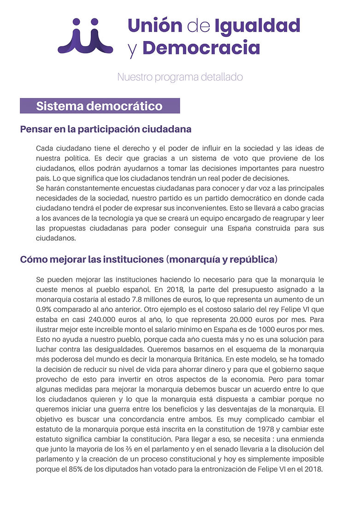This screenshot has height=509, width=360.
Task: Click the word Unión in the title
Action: click(x=155, y=25)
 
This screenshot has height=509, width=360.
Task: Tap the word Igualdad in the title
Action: click(x=257, y=26)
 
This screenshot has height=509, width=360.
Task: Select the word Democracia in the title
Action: click(x=201, y=47)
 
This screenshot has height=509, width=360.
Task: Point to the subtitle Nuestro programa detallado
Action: click(x=180, y=77)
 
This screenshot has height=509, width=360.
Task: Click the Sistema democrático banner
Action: click(x=100, y=106)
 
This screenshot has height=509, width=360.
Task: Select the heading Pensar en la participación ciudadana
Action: click(x=106, y=129)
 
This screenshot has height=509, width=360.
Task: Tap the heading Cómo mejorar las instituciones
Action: click(x=148, y=259)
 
